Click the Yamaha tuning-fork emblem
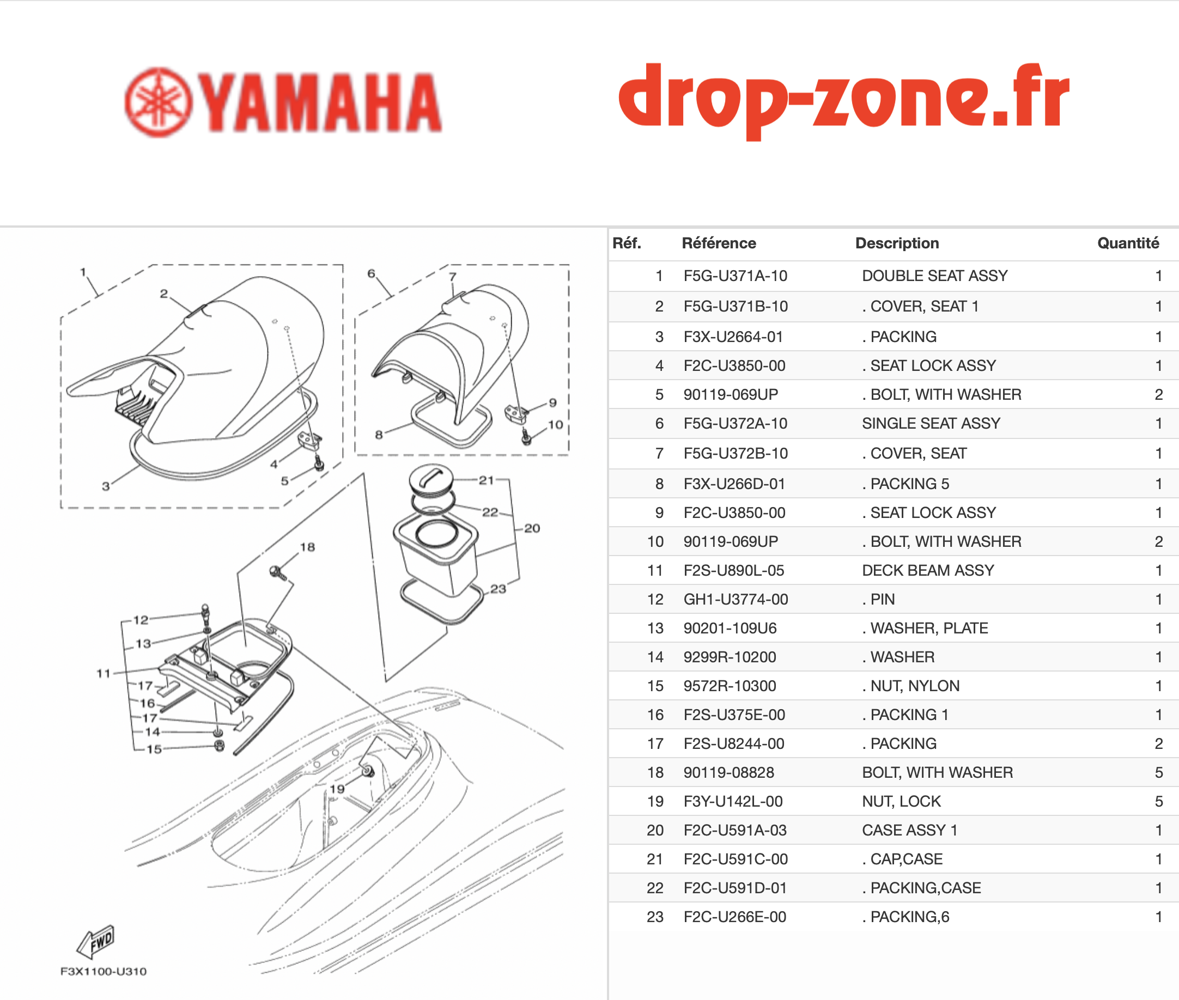coord(158,102)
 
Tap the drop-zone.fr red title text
coord(844,101)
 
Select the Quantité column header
coord(1128,243)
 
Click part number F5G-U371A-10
coord(735,276)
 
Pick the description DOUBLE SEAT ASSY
coord(934,276)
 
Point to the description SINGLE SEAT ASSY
coord(931,423)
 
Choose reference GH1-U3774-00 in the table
coord(736,599)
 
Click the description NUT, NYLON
coord(915,686)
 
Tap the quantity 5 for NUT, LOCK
coord(1159,802)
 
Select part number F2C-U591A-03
coord(735,831)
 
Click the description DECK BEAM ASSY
coord(928,570)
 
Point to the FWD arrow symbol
coord(96,942)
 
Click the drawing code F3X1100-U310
coord(103,972)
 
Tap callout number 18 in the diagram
coord(307,547)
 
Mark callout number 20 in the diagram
coord(532,528)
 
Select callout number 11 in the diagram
coord(103,673)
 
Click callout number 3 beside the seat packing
coord(106,486)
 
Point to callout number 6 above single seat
coord(371,273)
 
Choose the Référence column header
coord(719,243)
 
